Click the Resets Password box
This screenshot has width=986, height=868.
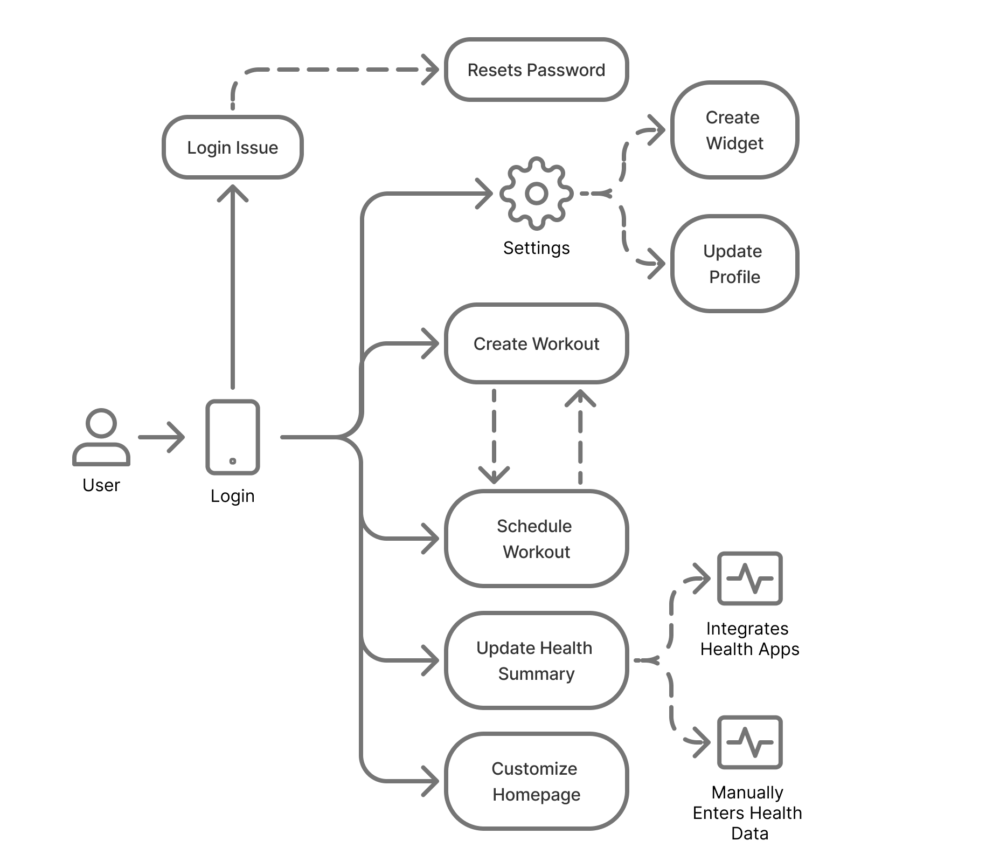(536, 70)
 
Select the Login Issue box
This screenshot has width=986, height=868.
(232, 147)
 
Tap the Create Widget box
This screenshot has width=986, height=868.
(734, 130)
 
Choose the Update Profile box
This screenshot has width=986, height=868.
(734, 264)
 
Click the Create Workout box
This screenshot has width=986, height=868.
(536, 343)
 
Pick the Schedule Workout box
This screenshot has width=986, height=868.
(536, 539)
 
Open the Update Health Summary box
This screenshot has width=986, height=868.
(536, 660)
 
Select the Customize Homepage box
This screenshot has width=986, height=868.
(536, 781)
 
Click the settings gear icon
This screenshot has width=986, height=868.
(536, 193)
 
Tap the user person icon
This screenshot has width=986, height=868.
(101, 437)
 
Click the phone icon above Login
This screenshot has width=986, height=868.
(232, 437)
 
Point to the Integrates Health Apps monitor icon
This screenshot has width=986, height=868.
(749, 578)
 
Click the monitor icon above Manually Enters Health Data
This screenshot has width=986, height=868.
(749, 742)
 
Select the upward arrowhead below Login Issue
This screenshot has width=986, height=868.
(232, 192)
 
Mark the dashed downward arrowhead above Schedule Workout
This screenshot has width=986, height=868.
(494, 474)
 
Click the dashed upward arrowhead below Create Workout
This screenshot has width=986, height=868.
(580, 397)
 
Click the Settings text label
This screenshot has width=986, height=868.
(536, 248)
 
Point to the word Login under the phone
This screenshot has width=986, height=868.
(232, 496)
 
